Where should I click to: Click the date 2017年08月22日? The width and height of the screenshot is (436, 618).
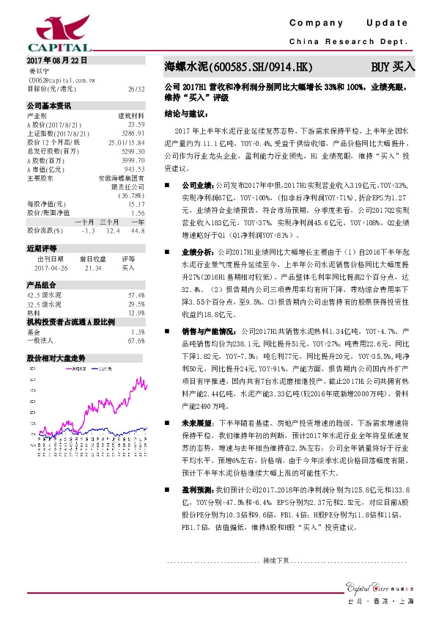pos(56,59)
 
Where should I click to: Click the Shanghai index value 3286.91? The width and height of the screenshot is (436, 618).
pos(133,134)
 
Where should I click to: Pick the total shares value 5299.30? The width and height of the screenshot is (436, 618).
pos(133,151)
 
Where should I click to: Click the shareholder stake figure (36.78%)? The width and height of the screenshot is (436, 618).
pos(131,196)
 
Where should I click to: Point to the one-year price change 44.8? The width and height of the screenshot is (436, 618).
pos(136,231)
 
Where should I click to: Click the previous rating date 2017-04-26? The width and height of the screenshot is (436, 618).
pos(49,269)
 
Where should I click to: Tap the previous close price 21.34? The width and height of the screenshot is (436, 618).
pos(92,269)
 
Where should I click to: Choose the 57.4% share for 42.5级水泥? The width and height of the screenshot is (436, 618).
pos(136,294)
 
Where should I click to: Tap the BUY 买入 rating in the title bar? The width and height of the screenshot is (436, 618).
pos(393,67)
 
